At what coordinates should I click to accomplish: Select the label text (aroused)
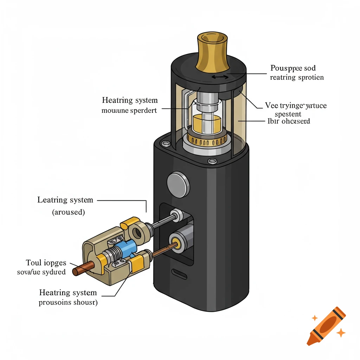(x=68, y=212)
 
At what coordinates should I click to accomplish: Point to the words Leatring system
(x=65, y=200)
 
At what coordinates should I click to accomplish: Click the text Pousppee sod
(x=293, y=68)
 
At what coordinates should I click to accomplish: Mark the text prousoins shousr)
(x=68, y=303)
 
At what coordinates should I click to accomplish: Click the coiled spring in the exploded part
(x=113, y=256)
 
